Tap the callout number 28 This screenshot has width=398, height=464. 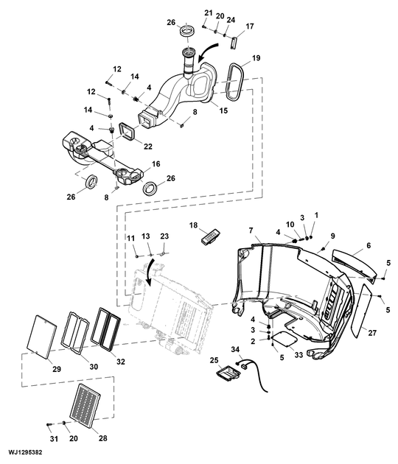click(102, 438)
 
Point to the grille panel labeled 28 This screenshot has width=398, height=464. click(87, 404)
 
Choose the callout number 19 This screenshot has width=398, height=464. click(256, 57)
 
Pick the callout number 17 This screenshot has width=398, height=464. click(250, 27)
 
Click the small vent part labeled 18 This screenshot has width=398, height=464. click(211, 236)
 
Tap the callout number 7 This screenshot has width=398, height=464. click(251, 231)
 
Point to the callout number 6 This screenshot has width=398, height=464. click(368, 245)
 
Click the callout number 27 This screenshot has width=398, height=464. click(372, 333)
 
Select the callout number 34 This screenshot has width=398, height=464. click(236, 349)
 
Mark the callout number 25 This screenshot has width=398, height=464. click(214, 360)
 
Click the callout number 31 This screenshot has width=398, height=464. click(52, 439)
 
